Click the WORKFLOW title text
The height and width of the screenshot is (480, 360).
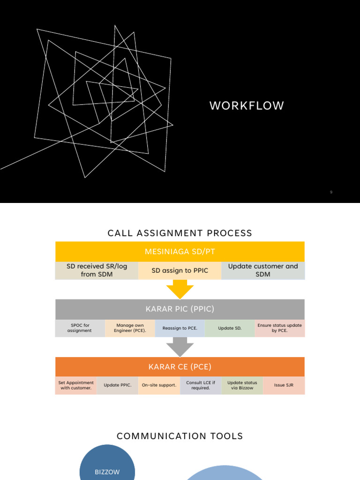click(x=247, y=106)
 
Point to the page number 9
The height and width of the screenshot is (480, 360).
click(x=331, y=192)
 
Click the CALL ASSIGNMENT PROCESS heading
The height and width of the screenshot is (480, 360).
click(x=180, y=233)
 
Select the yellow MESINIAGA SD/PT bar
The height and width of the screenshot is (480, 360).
click(x=180, y=252)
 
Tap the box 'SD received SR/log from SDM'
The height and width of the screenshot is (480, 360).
click(x=97, y=270)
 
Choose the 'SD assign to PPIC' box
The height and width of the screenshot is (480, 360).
click(x=180, y=270)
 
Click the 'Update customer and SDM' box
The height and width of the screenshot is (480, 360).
click(x=263, y=270)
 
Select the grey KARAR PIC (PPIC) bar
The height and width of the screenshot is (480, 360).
click(x=180, y=309)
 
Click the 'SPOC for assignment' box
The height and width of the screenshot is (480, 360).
click(x=80, y=328)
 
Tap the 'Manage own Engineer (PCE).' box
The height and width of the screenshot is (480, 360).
click(x=130, y=328)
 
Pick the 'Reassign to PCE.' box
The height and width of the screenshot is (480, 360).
click(x=180, y=328)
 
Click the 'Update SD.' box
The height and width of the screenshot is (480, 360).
click(x=230, y=328)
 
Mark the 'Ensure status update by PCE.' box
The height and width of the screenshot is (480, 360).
click(x=280, y=328)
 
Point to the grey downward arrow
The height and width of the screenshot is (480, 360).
click(x=180, y=347)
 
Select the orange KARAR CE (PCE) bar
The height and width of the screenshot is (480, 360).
click(x=180, y=367)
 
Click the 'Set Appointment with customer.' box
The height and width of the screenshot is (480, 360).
click(x=76, y=385)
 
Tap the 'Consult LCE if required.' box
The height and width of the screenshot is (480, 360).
click(x=201, y=385)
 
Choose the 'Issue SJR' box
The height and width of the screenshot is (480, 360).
click(x=284, y=385)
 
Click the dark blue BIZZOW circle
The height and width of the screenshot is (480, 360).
click(x=107, y=466)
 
